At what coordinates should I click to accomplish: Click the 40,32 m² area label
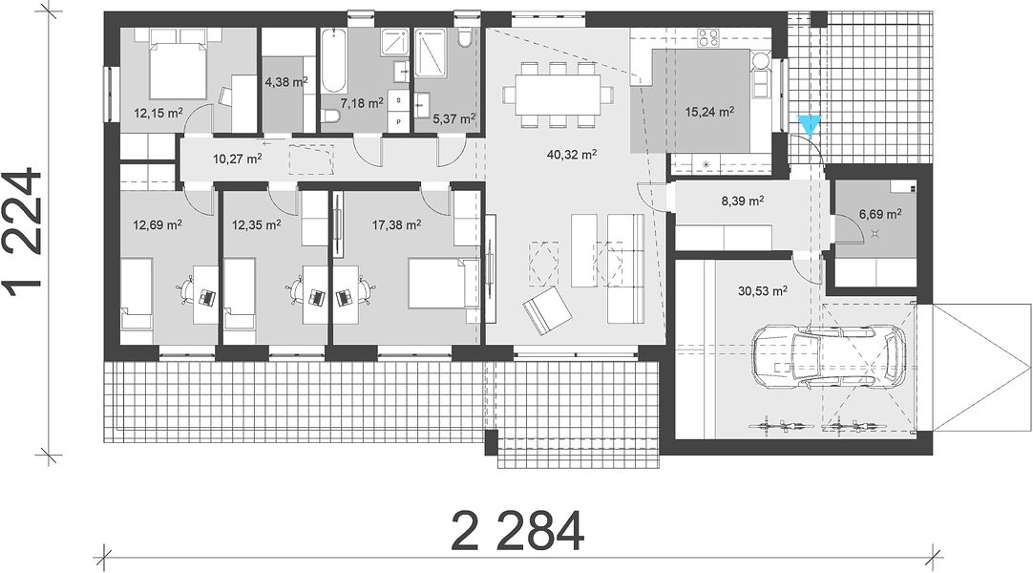572,155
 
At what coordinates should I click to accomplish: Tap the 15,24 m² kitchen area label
708,112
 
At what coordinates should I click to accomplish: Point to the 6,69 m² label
880,214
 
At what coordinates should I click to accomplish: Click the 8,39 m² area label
743,201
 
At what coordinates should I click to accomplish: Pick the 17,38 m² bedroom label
396,225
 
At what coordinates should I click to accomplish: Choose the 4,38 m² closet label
286,82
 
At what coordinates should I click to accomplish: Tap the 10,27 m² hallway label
237,159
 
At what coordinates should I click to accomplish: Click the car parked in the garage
829,357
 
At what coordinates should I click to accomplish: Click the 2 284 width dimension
517,531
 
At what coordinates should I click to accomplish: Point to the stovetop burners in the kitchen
707,37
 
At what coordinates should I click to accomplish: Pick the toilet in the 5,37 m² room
465,38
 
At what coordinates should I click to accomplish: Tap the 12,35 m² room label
256,225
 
